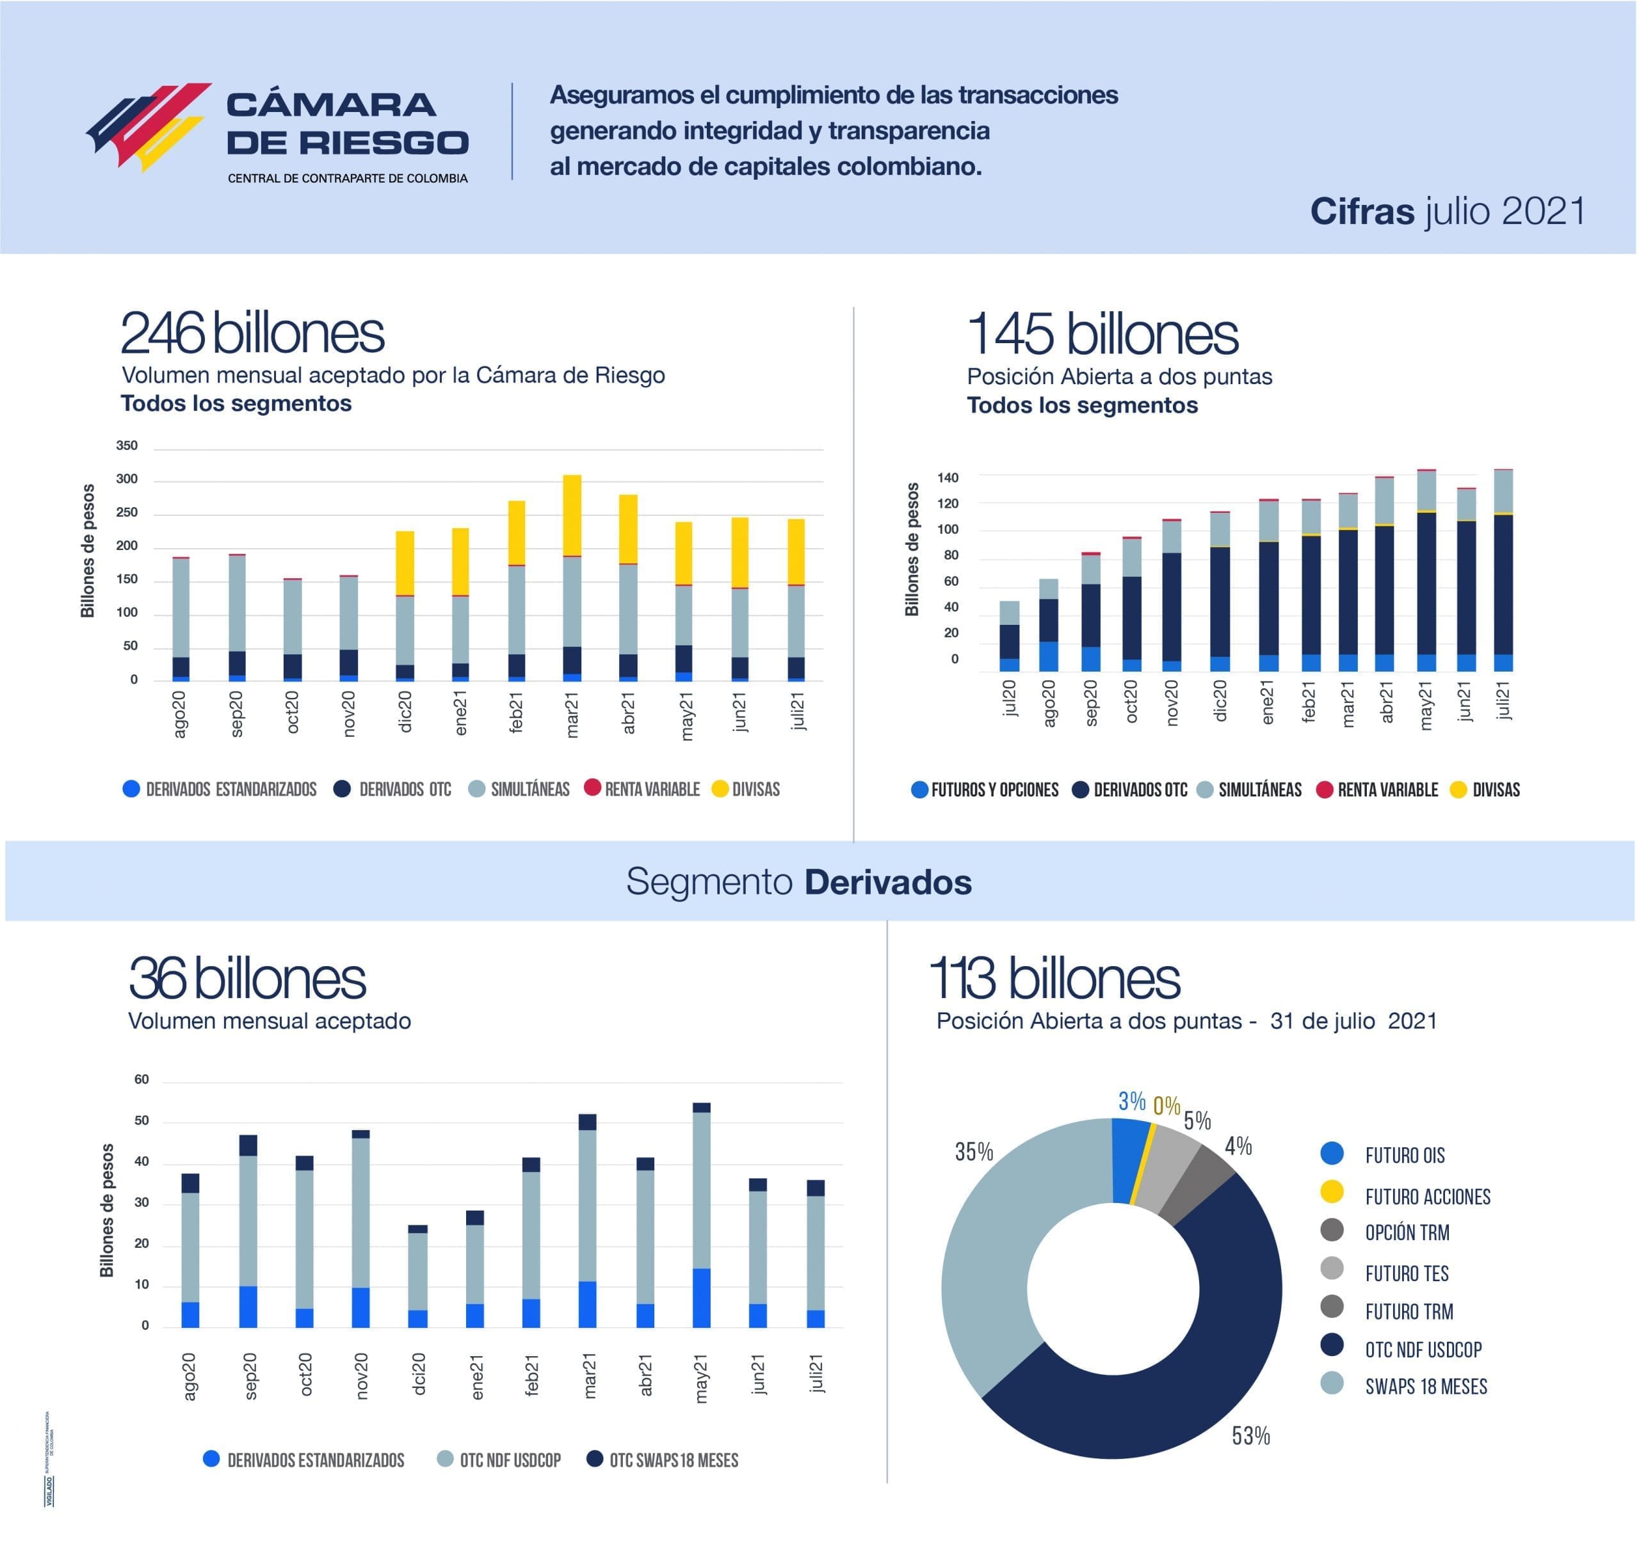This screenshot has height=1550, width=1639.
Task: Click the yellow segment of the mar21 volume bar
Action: click(572, 514)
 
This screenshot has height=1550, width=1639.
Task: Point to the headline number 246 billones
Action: click(252, 333)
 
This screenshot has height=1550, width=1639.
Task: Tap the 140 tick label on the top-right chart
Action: click(948, 478)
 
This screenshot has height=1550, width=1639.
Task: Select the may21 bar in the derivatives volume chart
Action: click(701, 1215)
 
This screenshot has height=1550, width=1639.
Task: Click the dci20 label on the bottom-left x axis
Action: click(419, 1373)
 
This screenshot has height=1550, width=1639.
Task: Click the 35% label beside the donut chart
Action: click(974, 1152)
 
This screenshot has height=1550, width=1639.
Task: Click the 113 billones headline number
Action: click(1055, 978)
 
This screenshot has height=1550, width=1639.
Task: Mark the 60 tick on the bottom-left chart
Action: click(141, 1079)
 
